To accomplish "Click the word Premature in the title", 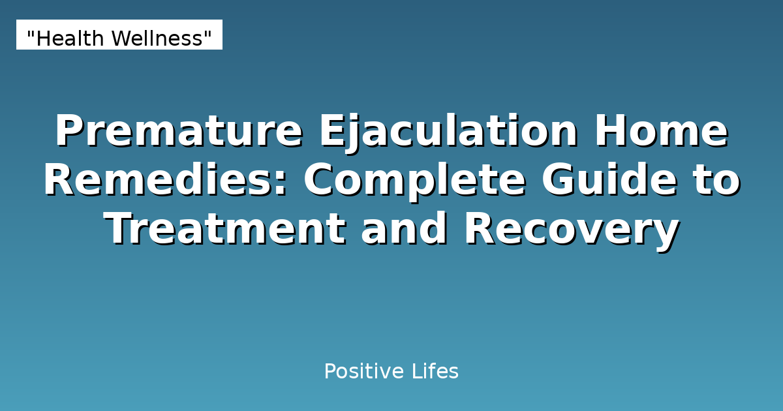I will (178, 132).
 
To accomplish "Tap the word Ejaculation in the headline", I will (448, 132).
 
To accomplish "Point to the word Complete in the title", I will (414, 181).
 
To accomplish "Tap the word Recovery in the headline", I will (571, 230).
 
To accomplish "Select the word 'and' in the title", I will (405, 230).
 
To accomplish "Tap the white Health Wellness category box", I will (119, 35).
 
